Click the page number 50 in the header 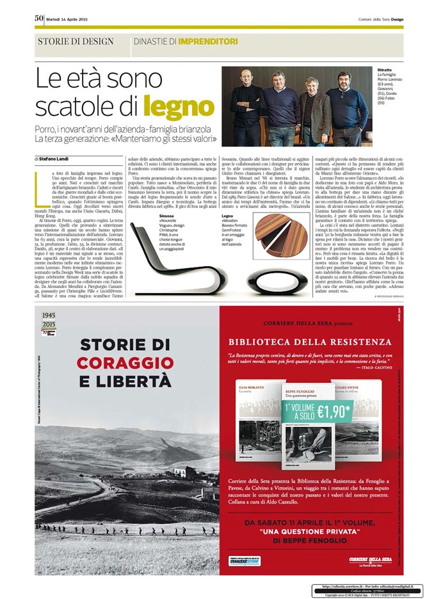pyautogui.click(x=39, y=18)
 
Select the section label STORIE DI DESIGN pyautogui.click(x=76, y=42)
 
